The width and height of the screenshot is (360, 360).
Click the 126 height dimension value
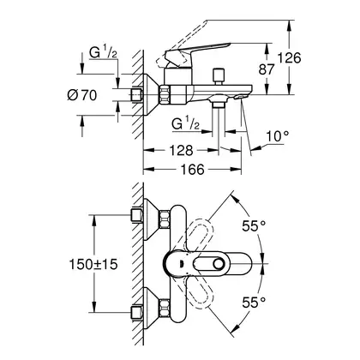(290, 58)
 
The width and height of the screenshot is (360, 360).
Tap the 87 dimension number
(267, 69)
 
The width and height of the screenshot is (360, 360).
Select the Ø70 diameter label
(82, 95)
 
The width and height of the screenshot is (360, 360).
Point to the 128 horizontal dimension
(181, 150)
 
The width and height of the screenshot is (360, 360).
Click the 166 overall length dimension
(193, 170)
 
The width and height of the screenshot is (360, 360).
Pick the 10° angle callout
(277, 136)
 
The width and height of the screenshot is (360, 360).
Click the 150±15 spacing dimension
(93, 264)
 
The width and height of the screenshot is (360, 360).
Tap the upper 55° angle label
(254, 226)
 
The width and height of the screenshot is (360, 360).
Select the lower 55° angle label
(254, 303)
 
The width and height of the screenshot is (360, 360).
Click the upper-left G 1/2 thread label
(103, 52)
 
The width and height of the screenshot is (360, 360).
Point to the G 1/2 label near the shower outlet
(185, 124)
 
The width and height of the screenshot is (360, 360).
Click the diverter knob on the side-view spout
(219, 75)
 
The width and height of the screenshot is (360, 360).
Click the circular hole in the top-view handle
(219, 264)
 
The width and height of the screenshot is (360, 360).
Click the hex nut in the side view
(165, 94)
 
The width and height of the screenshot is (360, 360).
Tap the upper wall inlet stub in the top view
(136, 215)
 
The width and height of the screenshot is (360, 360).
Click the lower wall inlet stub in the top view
(136, 312)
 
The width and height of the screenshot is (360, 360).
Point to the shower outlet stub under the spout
(219, 105)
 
